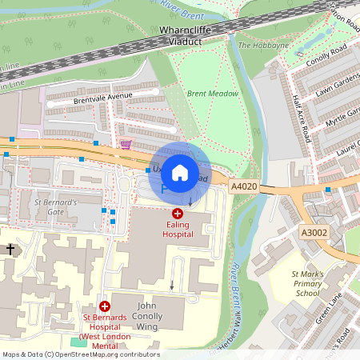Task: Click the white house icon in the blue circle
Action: click(x=180, y=171)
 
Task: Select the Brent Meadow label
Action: click(x=213, y=94)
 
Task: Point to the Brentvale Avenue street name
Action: click(x=102, y=96)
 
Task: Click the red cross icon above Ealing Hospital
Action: click(x=177, y=214)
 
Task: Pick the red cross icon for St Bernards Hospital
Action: click(x=104, y=306)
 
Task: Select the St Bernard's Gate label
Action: click(x=55, y=207)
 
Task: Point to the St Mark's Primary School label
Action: click(x=307, y=284)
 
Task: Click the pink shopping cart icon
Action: click(x=126, y=145)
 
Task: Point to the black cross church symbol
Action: click(x=10, y=250)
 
